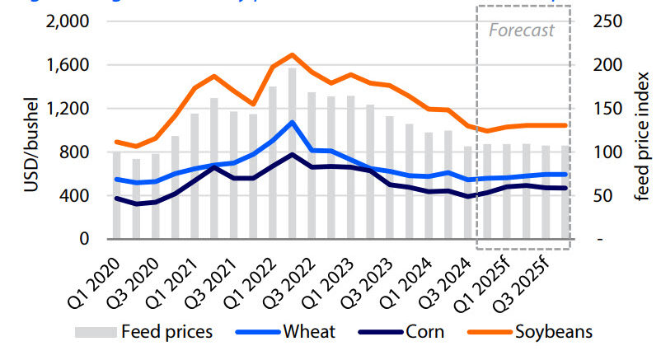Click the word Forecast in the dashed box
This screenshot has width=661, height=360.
pos(522,30)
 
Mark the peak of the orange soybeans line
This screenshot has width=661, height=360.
pos(292,54)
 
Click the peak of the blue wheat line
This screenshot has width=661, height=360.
pos(292,122)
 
